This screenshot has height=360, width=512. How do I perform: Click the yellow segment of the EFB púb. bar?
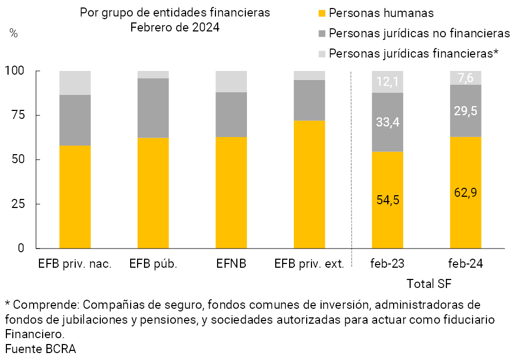coord(153,193)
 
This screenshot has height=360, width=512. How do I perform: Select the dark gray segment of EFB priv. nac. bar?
coord(75,120)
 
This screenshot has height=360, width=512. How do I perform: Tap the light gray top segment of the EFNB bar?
coord(231,81)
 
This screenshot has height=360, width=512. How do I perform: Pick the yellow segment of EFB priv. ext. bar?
coord(309,184)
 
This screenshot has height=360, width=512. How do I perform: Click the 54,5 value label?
coord(387,200)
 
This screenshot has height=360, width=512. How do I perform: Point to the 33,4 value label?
coord(387,122)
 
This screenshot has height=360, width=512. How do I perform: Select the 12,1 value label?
coord(387,82)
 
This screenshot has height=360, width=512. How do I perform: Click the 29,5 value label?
coord(466,111)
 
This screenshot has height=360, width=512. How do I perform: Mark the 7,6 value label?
coord(466,78)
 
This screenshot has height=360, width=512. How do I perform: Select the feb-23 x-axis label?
coord(387,263)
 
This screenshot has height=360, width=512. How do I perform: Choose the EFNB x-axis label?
coord(231,263)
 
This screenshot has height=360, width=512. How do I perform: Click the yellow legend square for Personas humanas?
coord(322,12)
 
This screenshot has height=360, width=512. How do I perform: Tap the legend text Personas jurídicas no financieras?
coord(420,33)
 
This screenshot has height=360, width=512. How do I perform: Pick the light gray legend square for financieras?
coord(322,53)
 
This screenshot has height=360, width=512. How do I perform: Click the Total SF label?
coord(429,283)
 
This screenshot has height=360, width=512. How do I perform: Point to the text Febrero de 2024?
coord(175,27)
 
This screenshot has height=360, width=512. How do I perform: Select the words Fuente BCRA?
coord(41,349)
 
